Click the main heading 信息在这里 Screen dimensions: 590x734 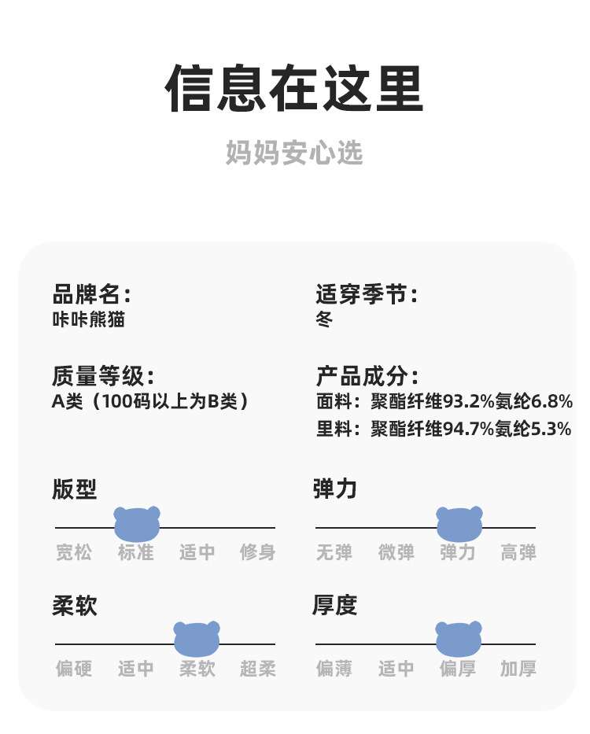click(x=294, y=89)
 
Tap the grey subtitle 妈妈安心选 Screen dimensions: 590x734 click(x=294, y=153)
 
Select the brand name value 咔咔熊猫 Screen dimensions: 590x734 click(x=88, y=319)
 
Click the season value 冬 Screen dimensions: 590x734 click(x=324, y=319)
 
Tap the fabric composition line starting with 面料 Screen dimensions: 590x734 click(x=444, y=401)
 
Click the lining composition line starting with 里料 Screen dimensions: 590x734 click(x=444, y=429)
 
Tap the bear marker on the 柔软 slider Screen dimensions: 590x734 click(x=197, y=639)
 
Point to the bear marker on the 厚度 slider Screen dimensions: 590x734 click(x=459, y=639)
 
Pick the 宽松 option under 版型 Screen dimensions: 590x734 click(x=74, y=552)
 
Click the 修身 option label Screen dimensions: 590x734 click(x=258, y=552)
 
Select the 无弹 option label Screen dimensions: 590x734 click(x=334, y=552)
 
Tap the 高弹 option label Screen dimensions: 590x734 click(x=518, y=552)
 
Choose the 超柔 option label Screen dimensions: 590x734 click(x=258, y=669)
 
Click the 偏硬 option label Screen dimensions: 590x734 click(x=74, y=669)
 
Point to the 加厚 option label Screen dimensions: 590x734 click(x=518, y=669)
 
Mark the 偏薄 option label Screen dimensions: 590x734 click(x=334, y=669)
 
